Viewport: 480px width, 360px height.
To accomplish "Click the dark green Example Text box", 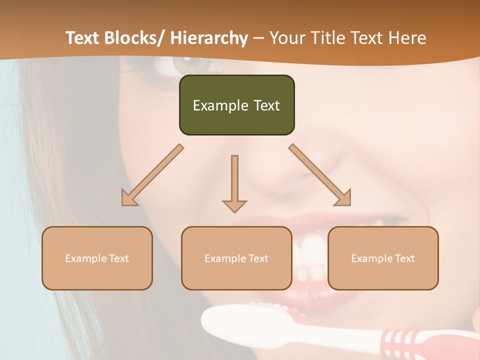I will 236,105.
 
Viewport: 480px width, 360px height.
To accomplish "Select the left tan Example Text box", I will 97,258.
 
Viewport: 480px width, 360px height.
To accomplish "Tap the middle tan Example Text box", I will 236,258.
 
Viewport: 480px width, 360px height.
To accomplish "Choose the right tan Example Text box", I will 383,258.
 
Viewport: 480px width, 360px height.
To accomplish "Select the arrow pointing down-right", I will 320,175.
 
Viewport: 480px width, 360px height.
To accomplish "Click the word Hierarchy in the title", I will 209,38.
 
